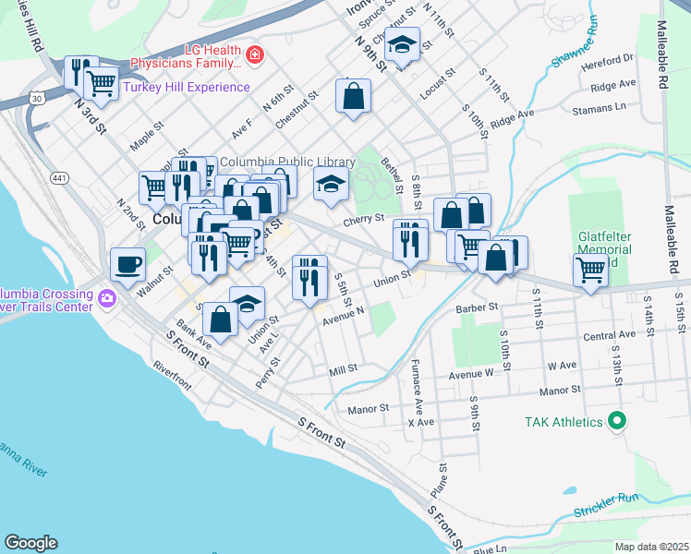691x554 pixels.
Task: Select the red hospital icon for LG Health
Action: click(x=255, y=56)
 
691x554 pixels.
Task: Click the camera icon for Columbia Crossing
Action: click(x=107, y=299)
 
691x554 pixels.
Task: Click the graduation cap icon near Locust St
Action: click(x=402, y=44)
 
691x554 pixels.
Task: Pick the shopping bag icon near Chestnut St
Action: click(x=353, y=95)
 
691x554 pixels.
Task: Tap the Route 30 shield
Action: click(x=34, y=97)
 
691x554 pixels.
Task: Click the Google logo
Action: click(x=30, y=543)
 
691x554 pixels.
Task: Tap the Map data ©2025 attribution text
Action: click(x=650, y=547)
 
